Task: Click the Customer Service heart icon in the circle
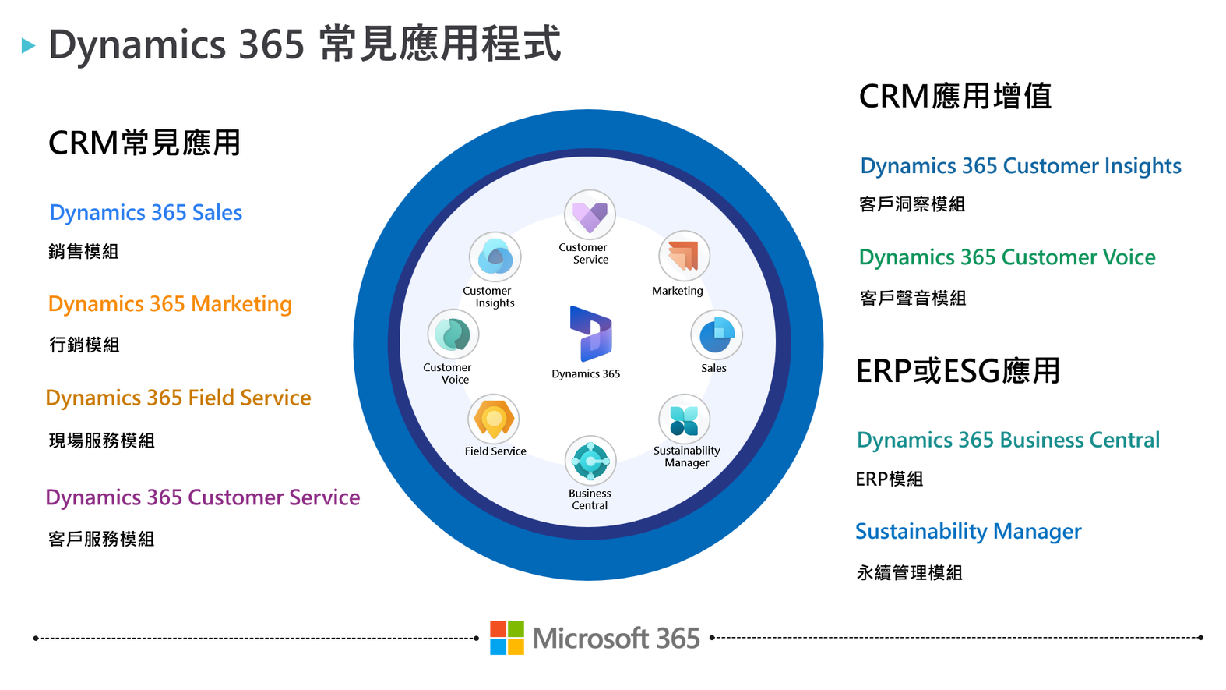[590, 215]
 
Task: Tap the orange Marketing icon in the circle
[684, 257]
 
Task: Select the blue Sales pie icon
[717, 335]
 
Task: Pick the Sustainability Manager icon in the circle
[684, 419]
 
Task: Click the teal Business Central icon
[590, 462]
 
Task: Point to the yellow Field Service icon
[494, 419]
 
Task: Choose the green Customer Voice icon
[453, 334]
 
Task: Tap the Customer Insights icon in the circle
[495, 257]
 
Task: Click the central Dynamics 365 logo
[590, 334]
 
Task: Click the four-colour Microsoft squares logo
[507, 638]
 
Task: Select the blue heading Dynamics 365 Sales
[146, 213]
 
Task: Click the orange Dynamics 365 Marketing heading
[171, 304]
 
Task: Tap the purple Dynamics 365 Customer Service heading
[203, 497]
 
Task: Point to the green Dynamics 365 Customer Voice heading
[1007, 257]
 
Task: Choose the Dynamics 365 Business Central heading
[1008, 440]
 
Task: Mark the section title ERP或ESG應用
[958, 371]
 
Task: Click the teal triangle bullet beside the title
[29, 45]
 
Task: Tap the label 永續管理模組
[909, 573]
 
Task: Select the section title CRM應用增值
[955, 97]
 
